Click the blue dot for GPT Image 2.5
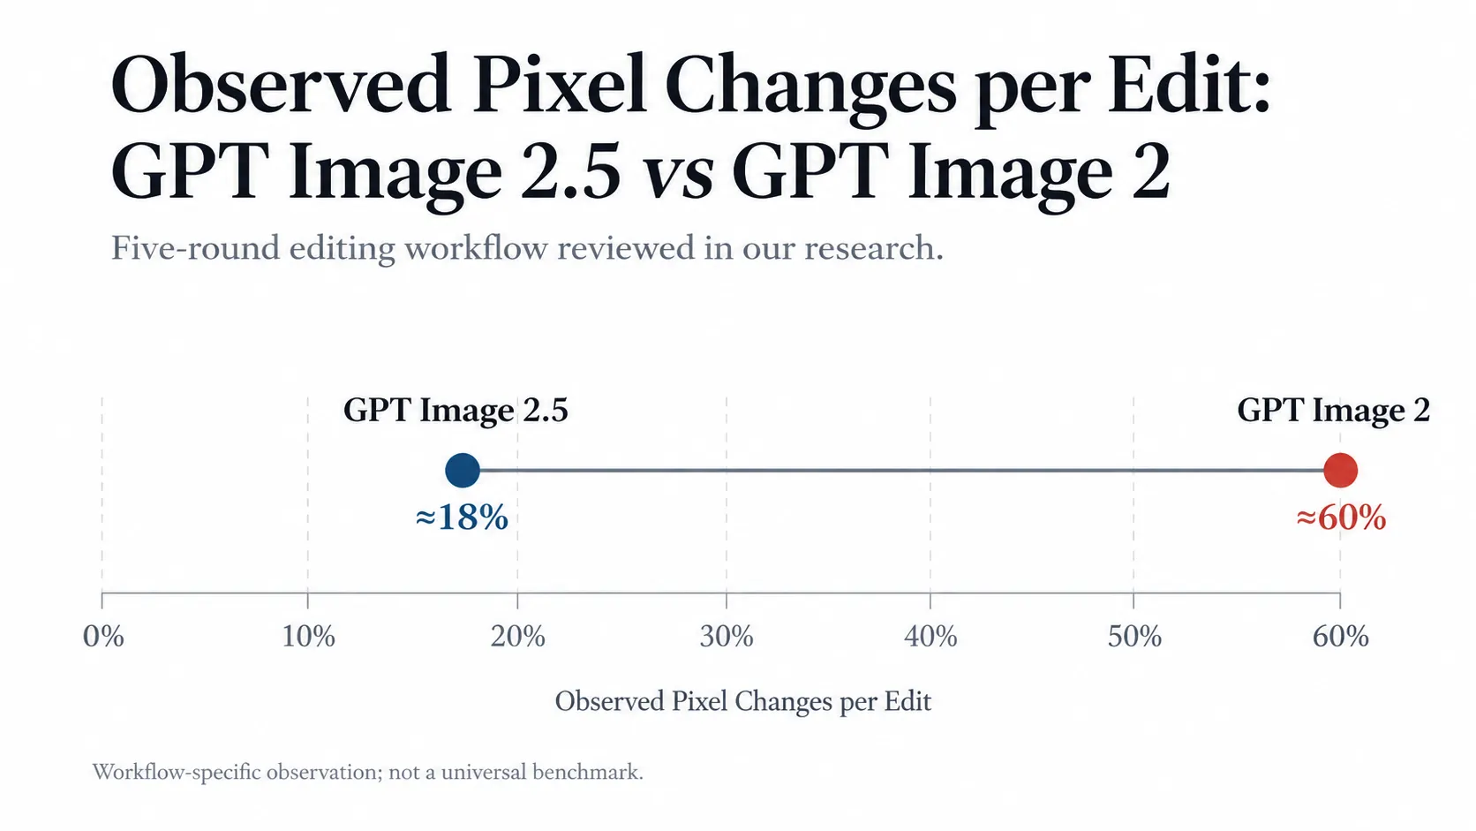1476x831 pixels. coord(463,471)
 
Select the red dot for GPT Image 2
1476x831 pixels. coord(1340,471)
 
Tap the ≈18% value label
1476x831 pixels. coord(462,517)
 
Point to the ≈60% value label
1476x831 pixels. coord(1341,517)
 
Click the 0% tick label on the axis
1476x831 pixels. coord(103,637)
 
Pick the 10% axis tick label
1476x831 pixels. coord(308,637)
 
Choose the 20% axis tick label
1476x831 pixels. coord(518,637)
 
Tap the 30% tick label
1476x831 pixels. coord(727,637)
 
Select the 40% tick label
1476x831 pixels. coord(930,637)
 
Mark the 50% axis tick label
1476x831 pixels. coord(1134,637)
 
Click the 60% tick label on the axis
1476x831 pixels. coord(1340,637)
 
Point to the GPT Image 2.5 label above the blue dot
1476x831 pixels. coord(456,411)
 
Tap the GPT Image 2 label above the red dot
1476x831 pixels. coord(1334,411)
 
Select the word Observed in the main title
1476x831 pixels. coord(282,86)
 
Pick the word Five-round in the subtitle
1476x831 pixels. coord(195,248)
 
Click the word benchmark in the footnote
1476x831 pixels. coord(587,772)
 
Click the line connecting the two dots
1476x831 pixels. coord(901,471)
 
